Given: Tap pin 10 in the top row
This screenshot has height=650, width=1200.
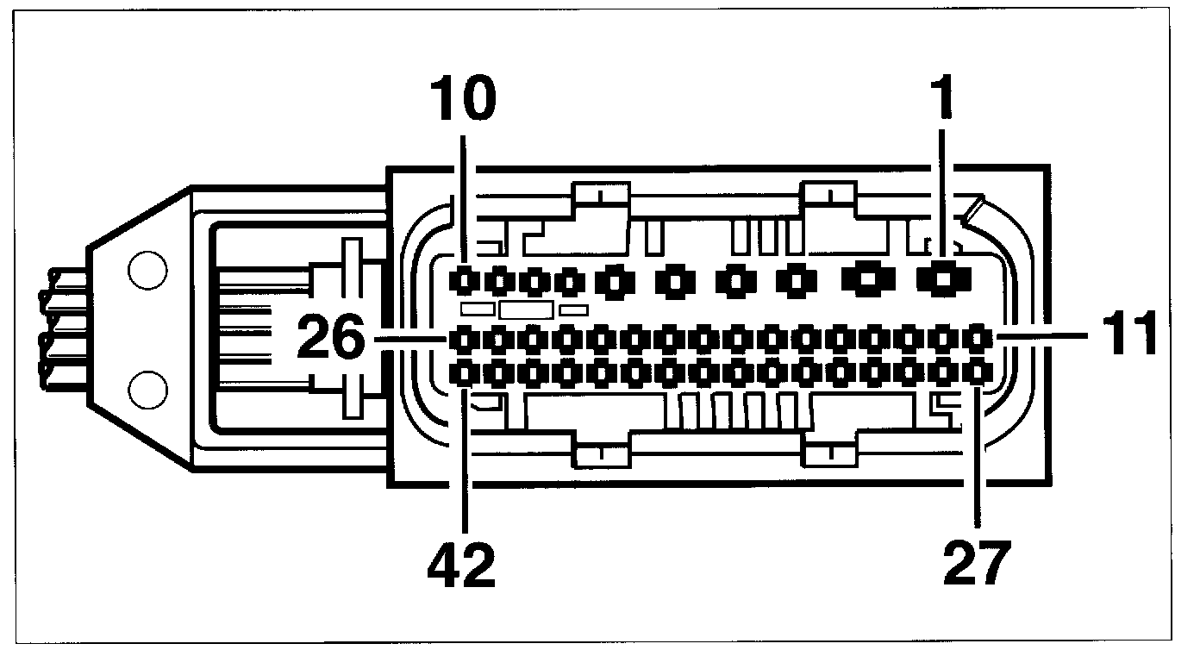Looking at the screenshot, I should tap(466, 279).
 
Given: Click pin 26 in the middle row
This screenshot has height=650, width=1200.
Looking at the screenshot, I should tap(466, 339).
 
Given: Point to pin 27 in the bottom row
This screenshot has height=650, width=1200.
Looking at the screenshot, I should tap(977, 372).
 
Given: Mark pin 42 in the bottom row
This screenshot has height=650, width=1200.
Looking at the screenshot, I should tap(466, 372).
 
